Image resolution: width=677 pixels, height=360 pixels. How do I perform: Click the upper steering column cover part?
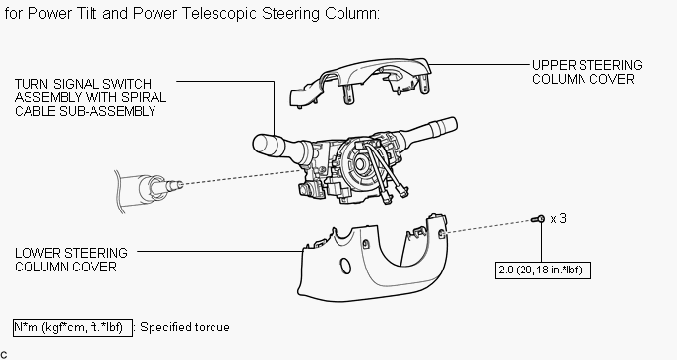point(360,80)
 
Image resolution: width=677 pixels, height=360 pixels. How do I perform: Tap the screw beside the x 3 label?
point(538,219)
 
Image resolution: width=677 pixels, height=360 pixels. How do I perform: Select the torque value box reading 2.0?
point(543,270)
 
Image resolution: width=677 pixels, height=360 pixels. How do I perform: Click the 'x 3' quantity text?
point(558,218)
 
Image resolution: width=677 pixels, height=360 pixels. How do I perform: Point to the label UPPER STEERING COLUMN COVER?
point(586,72)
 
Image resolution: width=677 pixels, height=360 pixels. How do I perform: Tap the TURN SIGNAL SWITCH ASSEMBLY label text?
point(91,97)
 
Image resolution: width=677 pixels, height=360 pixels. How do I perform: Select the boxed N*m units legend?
point(73,328)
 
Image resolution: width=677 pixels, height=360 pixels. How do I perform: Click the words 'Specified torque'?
point(185,328)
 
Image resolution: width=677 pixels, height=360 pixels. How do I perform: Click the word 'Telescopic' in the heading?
point(219,14)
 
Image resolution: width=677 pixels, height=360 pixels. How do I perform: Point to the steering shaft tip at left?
point(176,185)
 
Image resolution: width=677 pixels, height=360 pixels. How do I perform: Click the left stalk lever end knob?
point(263,144)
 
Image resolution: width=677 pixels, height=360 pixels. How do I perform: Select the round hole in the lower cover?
point(345,266)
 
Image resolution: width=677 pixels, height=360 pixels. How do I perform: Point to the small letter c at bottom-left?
point(4,355)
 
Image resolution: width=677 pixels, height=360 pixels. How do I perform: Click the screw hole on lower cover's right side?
point(442,234)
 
